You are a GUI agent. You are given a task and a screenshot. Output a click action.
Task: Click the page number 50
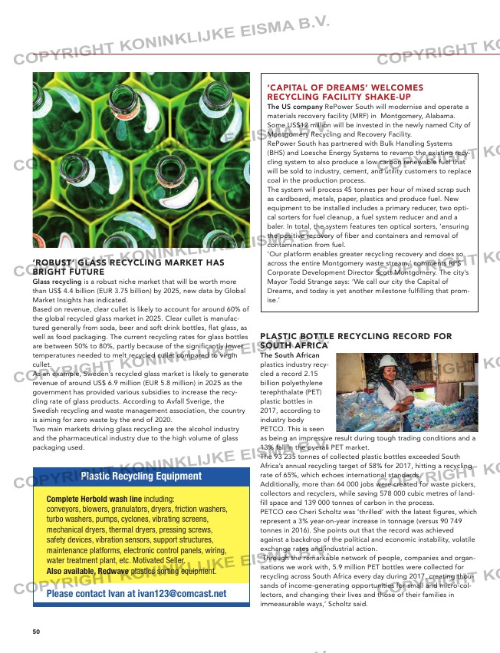pos(36,631)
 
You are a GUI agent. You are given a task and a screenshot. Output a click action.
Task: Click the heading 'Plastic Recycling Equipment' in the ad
pos(141,476)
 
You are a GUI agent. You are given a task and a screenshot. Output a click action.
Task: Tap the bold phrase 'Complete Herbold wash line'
pos(94,498)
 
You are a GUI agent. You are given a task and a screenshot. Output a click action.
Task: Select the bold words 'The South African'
pos(290,355)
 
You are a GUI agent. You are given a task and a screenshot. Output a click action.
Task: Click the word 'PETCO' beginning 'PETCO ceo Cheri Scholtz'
pos(273,511)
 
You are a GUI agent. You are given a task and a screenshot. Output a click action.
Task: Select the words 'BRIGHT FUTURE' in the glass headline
pos(68,272)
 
